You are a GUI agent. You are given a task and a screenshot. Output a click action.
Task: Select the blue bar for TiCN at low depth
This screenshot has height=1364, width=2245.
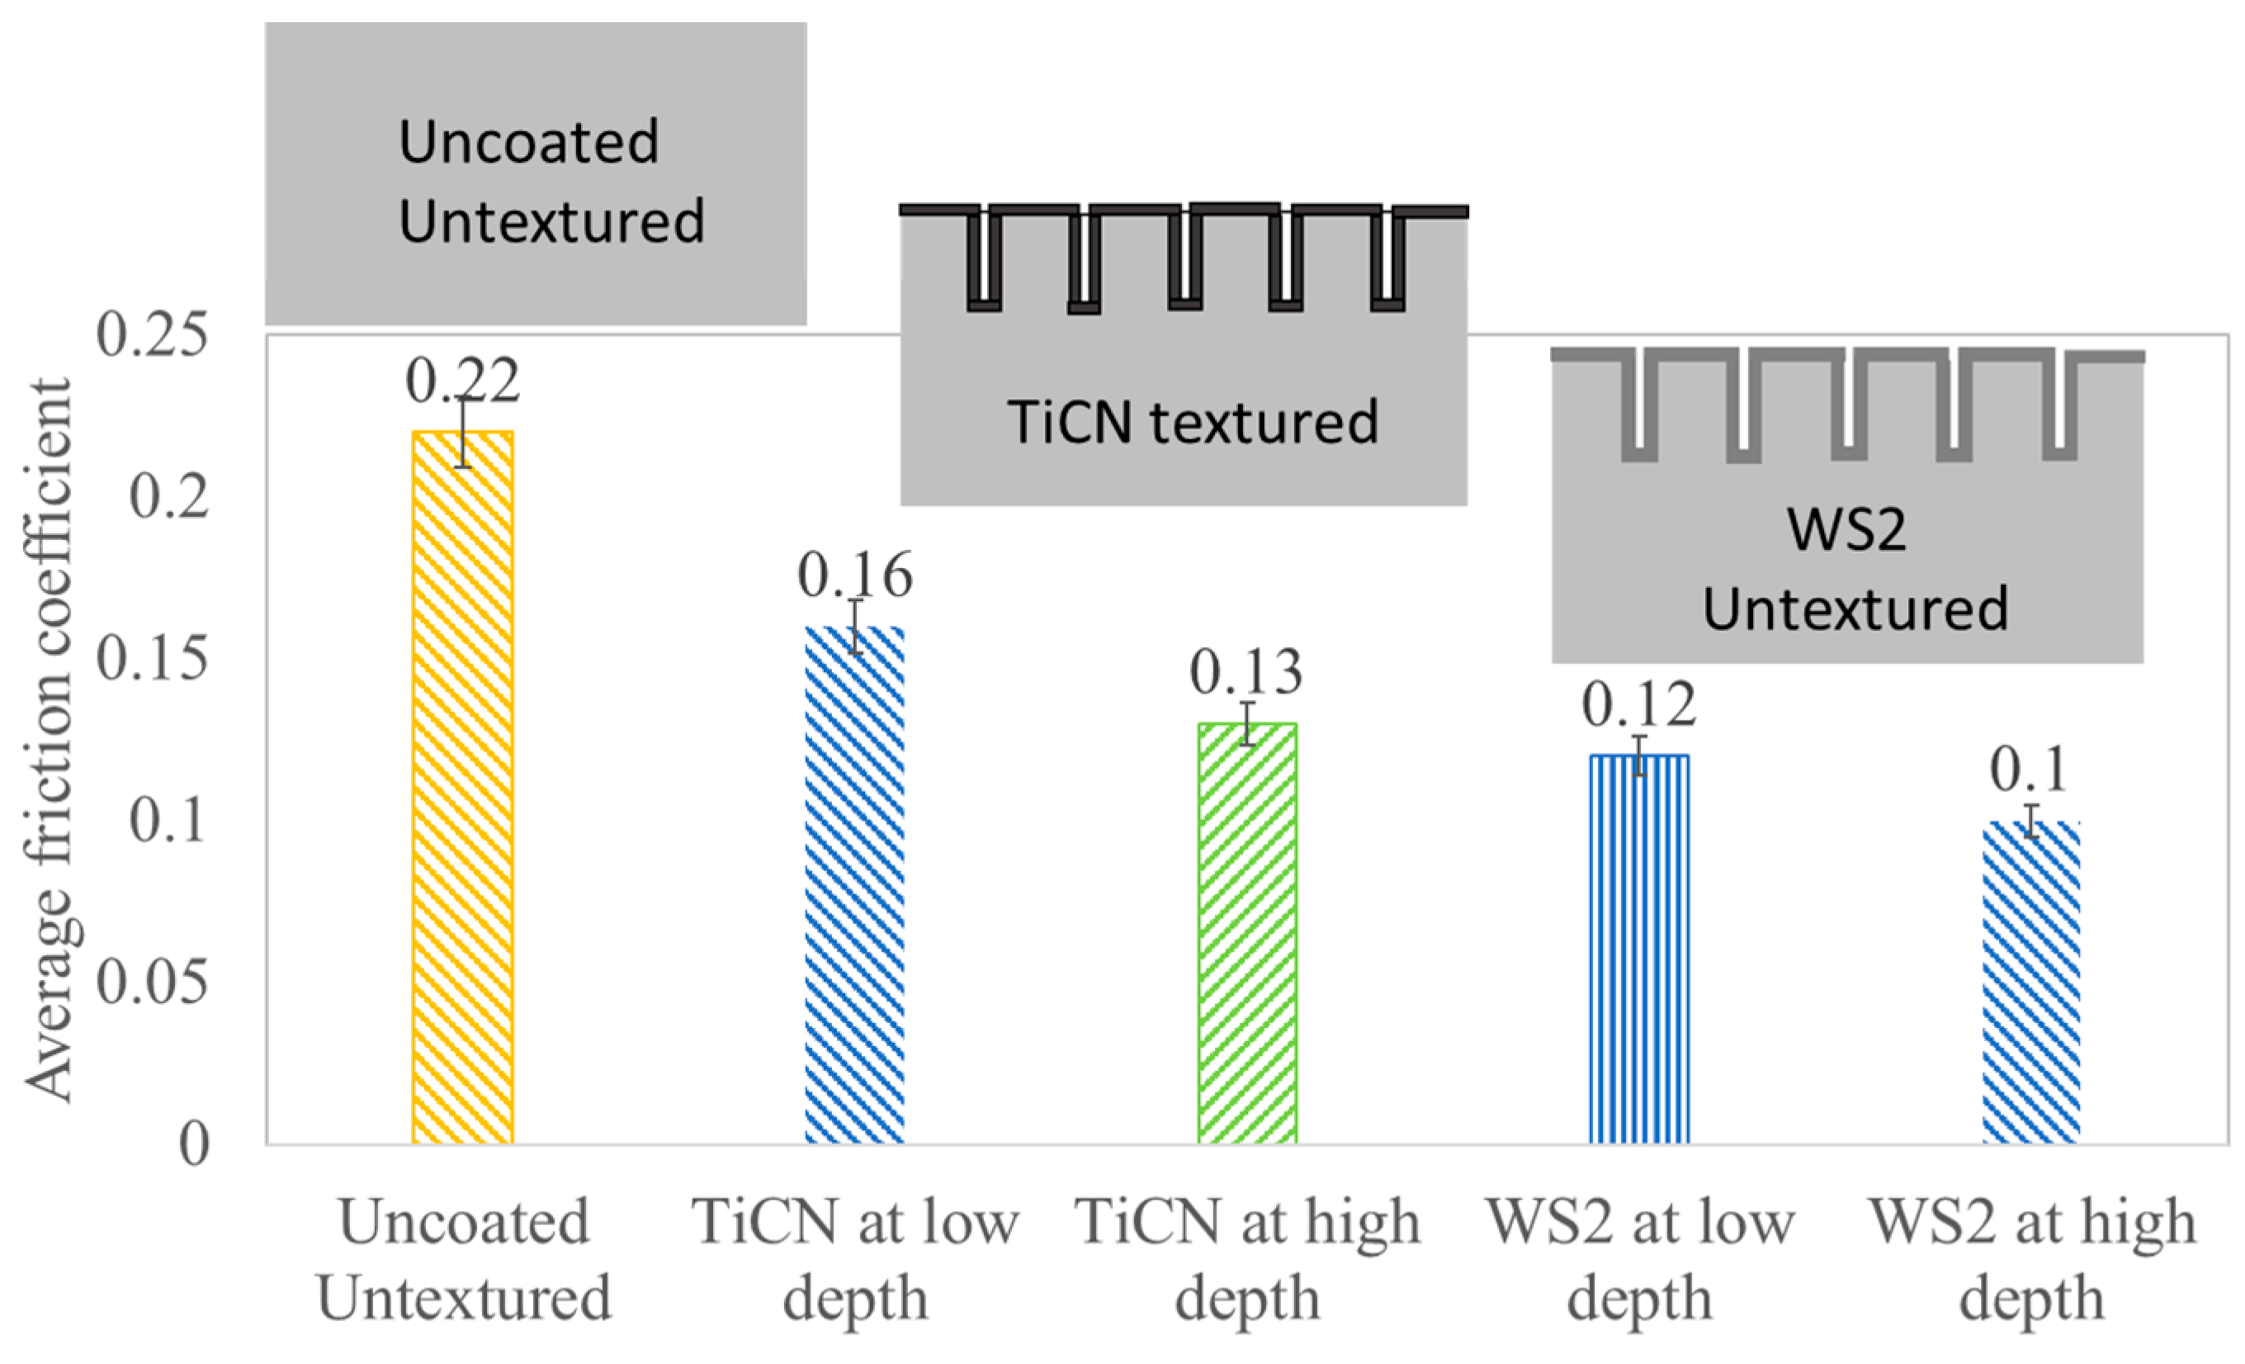(x=854, y=885)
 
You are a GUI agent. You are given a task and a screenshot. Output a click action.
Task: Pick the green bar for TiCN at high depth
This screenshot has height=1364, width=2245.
(x=1246, y=933)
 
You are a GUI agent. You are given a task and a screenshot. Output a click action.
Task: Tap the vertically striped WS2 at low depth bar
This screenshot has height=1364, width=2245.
(x=1639, y=949)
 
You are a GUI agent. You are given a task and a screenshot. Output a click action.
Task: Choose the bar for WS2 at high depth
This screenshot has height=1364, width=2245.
(x=2031, y=982)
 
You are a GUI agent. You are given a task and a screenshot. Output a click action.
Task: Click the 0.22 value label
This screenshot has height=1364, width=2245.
(x=462, y=380)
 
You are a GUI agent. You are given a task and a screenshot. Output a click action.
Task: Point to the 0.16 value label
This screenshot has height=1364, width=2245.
(x=854, y=575)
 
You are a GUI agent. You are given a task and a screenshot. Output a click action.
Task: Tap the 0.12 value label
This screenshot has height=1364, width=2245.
(x=1638, y=704)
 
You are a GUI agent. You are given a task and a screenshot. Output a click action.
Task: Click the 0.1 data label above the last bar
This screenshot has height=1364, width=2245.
(x=2029, y=770)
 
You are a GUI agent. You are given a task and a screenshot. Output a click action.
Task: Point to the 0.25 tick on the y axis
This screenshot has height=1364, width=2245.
(x=152, y=334)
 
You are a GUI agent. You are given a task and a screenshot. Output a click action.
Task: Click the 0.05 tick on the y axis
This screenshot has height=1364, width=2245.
(x=152, y=983)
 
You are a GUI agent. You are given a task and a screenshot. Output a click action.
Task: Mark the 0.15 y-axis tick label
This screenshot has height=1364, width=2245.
(x=152, y=658)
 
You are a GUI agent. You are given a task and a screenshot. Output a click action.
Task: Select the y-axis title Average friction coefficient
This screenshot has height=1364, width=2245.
(x=47, y=739)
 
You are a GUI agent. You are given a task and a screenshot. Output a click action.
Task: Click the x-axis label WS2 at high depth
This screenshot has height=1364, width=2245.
(x=2032, y=1260)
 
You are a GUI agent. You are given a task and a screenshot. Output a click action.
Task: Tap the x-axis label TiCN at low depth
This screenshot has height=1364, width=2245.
(x=854, y=1260)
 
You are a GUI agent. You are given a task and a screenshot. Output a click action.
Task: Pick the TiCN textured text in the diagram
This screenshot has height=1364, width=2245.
(x=1192, y=422)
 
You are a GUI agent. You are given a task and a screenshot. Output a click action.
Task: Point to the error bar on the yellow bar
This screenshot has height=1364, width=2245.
(x=463, y=433)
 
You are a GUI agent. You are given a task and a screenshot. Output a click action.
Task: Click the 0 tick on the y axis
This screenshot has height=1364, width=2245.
(x=193, y=1144)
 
